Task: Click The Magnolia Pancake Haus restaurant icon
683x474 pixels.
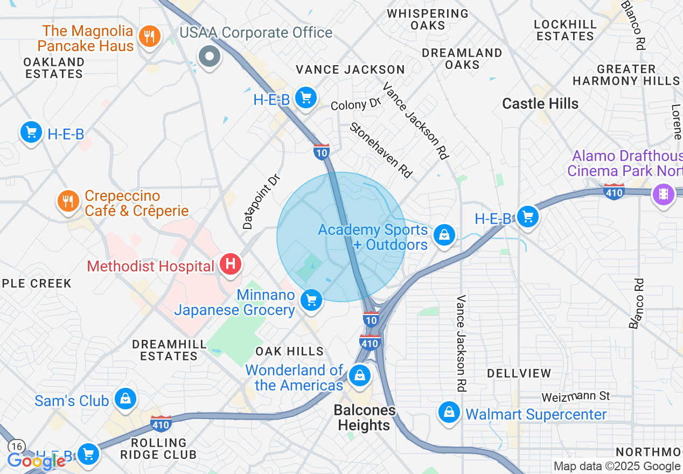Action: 149,37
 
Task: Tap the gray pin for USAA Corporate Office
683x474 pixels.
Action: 209,56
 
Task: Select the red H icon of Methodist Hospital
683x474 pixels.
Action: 231,265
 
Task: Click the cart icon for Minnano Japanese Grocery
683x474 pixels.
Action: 311,301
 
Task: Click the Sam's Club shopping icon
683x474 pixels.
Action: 126,399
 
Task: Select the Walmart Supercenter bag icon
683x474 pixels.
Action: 449,413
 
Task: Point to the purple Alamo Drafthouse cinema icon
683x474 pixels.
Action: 663,194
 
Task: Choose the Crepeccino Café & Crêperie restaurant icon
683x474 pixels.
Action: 68,201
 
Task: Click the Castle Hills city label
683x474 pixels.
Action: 540,103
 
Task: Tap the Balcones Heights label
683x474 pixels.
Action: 364,417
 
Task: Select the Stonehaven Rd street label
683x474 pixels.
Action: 381,150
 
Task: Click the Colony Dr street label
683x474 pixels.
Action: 356,104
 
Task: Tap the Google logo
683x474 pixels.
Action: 36,461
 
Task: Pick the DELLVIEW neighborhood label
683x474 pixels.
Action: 519,373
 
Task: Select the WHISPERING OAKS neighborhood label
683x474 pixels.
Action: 428,19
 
